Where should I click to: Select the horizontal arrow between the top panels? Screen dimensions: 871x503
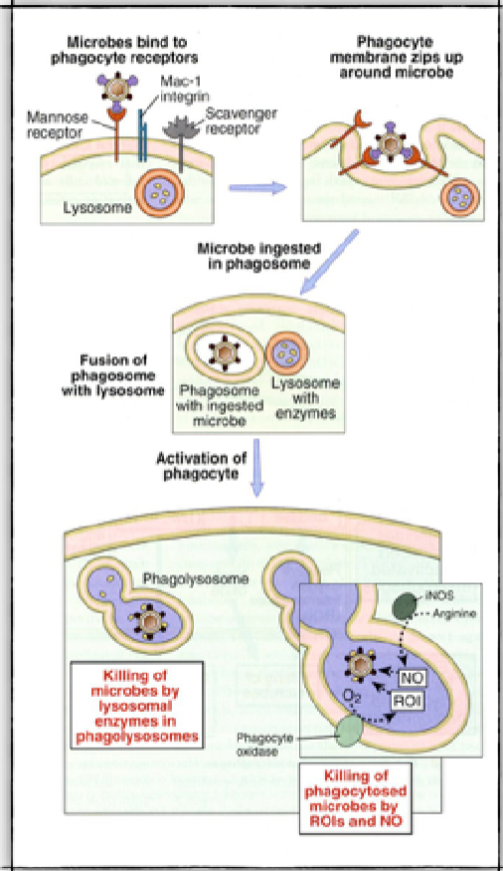tap(254, 186)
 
